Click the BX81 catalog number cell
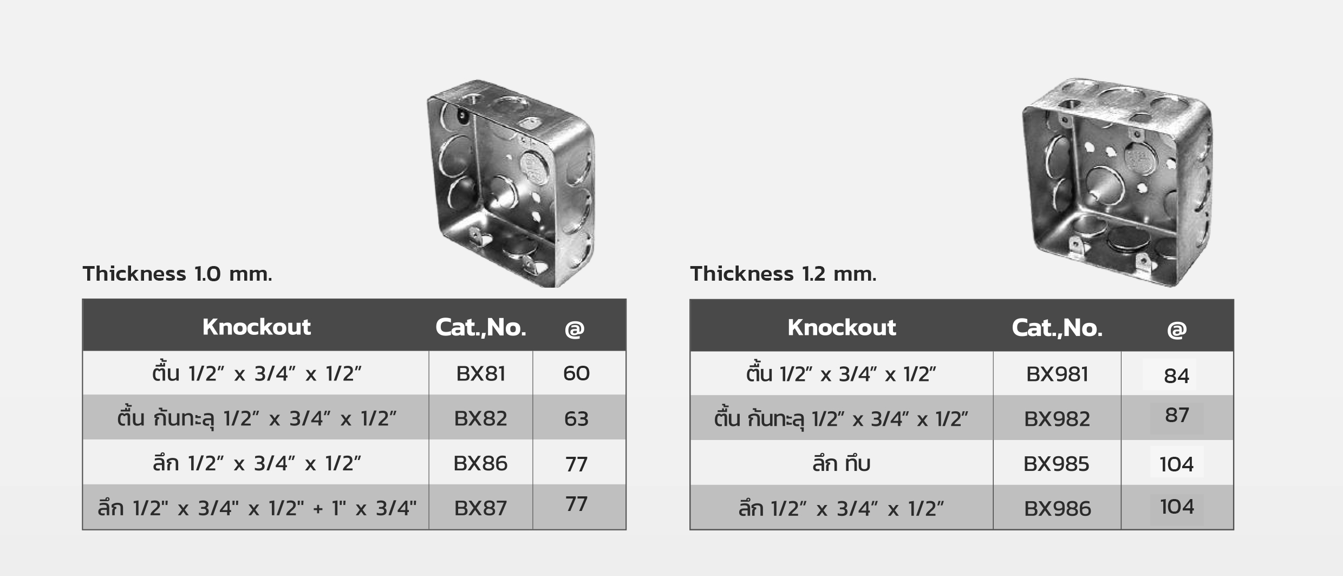coord(481,373)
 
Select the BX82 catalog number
coord(481,418)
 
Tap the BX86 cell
coord(481,463)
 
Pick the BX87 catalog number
coord(481,508)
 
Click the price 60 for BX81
coord(576,373)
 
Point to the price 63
coord(576,419)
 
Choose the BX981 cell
coord(1057,374)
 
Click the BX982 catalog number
coord(1057,419)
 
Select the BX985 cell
coord(1057,464)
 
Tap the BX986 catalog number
coord(1058,509)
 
